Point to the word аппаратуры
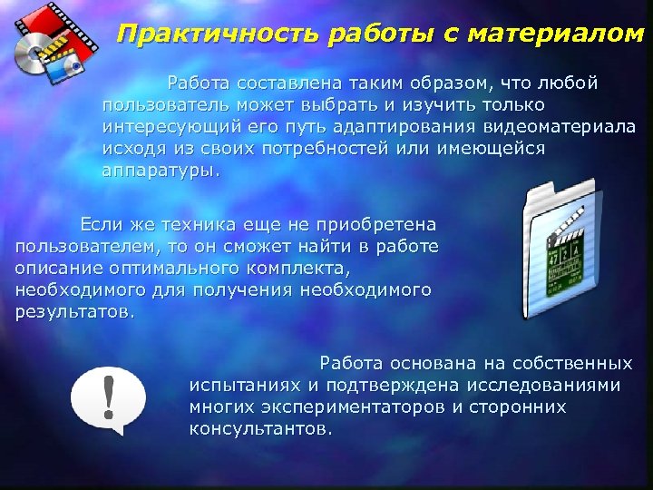click(160, 170)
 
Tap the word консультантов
click(260, 428)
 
